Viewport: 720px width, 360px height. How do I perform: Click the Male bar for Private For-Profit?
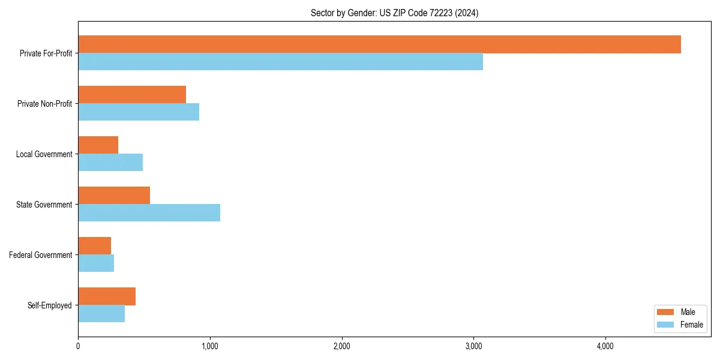[x=379, y=44]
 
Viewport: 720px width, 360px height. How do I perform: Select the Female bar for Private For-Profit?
[x=280, y=62]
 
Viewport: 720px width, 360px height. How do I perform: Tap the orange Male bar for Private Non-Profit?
[x=132, y=95]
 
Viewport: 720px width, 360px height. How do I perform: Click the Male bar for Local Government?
[x=98, y=145]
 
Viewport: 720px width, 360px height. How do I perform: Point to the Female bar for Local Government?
[x=110, y=163]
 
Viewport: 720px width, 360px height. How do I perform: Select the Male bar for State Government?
[x=114, y=196]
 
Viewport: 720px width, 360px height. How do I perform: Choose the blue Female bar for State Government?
[x=149, y=213]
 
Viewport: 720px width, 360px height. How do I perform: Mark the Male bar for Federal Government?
[x=95, y=246]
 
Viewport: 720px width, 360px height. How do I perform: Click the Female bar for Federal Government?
[x=96, y=263]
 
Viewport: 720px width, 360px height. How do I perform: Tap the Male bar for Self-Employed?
[x=107, y=296]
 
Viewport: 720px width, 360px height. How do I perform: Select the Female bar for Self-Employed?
[x=101, y=314]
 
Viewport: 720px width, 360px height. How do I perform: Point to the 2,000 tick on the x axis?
[x=341, y=346]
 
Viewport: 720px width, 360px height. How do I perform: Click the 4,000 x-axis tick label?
[x=605, y=346]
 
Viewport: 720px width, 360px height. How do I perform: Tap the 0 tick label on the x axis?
[x=78, y=346]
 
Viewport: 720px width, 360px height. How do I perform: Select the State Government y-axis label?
[x=44, y=205]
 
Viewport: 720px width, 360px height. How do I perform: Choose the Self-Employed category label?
[x=49, y=305]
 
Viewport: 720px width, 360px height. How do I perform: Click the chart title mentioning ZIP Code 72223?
[x=394, y=13]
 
